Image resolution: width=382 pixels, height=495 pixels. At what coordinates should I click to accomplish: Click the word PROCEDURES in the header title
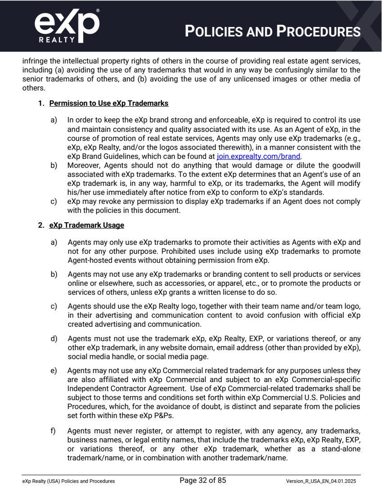pos(319,32)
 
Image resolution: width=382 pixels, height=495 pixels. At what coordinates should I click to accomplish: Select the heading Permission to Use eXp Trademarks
pos(108,103)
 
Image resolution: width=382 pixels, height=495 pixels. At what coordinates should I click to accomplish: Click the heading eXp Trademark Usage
pos(86,225)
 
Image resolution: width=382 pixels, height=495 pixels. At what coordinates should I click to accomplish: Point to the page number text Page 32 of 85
pos(202,481)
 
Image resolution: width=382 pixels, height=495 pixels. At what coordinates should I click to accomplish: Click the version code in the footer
pos(323,481)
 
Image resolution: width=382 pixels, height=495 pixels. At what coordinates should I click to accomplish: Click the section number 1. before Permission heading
pos(42,103)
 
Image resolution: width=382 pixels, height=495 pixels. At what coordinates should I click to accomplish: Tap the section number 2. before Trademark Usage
pos(42,225)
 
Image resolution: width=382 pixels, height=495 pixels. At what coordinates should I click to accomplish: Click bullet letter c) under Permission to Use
pos(54,201)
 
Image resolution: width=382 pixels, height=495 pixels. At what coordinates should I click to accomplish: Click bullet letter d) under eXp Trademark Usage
pos(54,338)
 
